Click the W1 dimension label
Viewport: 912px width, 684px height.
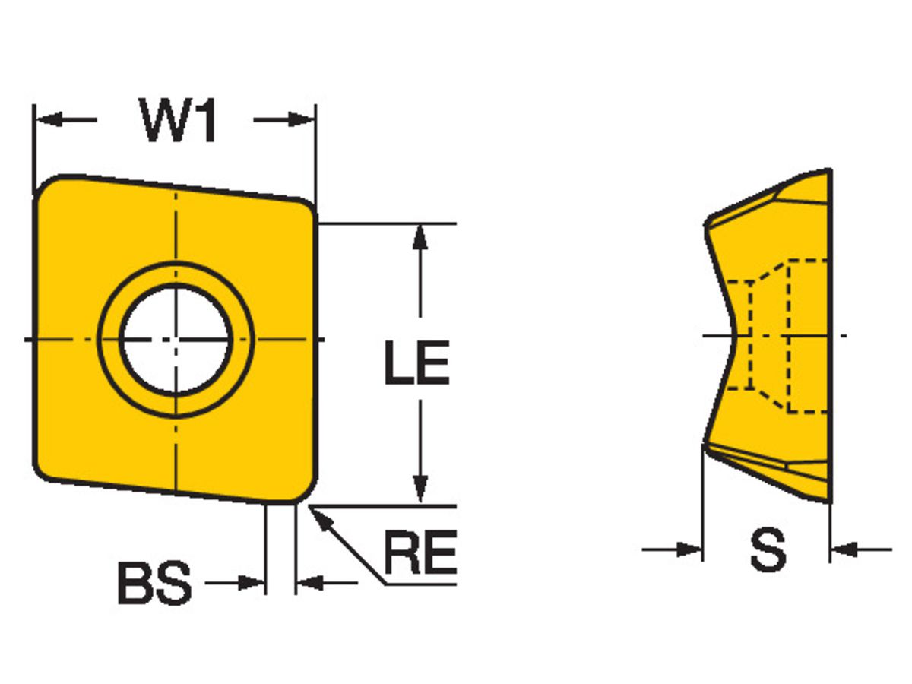(178, 120)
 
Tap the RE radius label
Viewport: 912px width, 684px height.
(420, 553)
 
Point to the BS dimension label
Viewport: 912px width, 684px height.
(154, 584)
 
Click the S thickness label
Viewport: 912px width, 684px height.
(767, 549)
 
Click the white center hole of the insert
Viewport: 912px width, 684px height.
(176, 339)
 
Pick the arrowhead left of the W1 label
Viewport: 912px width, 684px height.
(48, 119)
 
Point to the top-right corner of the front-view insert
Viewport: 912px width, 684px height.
(307, 207)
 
